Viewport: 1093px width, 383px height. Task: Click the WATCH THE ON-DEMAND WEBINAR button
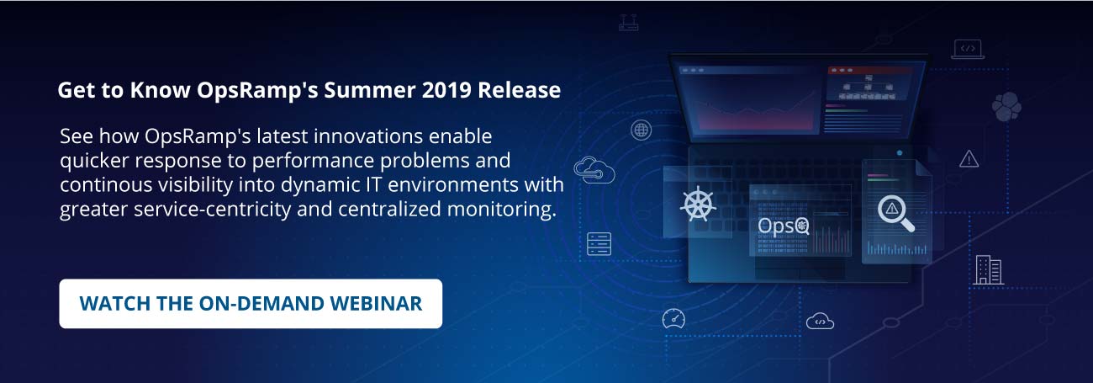tap(251, 304)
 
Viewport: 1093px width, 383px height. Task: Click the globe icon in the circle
tap(642, 130)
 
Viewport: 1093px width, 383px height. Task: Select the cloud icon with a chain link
tap(594, 171)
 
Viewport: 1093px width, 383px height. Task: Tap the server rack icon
tap(599, 244)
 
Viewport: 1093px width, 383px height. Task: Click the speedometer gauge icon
tap(673, 318)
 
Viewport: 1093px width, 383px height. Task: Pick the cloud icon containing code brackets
tap(820, 321)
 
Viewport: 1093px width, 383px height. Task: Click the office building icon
tap(988, 269)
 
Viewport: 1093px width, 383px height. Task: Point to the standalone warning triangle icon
tap(969, 158)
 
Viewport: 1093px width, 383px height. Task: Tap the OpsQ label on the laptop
tap(783, 226)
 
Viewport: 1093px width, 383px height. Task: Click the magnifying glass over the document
tap(895, 211)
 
